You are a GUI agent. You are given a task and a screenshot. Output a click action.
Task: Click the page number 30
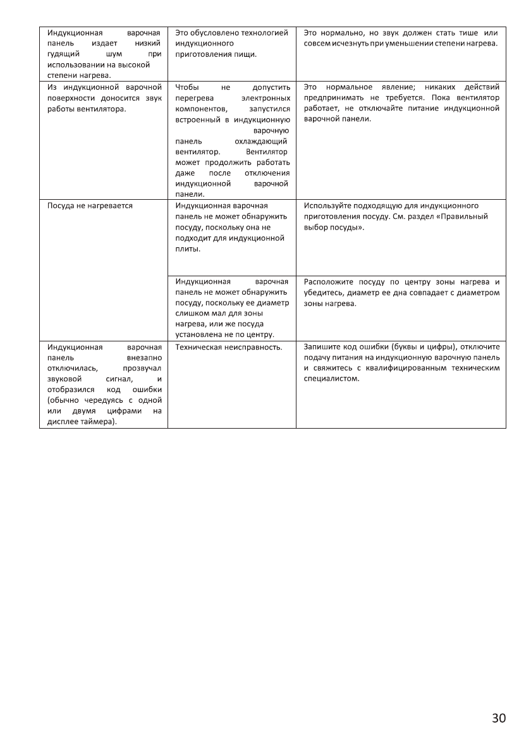click(498, 718)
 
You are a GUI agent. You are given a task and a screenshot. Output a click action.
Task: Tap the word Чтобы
click(187, 87)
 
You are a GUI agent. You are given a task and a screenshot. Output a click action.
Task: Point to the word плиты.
click(188, 248)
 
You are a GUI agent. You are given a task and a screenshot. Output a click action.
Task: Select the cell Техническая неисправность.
click(228, 346)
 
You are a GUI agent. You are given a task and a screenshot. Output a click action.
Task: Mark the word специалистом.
click(331, 379)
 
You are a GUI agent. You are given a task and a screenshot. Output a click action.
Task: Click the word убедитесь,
click(326, 292)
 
